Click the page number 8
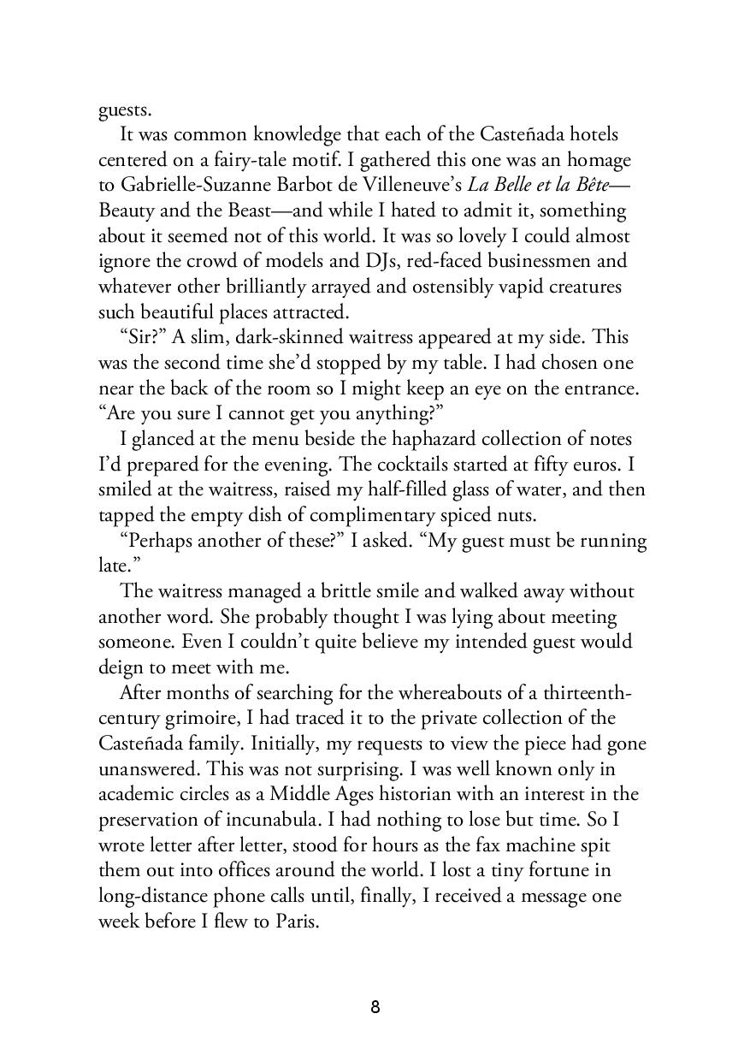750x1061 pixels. (375, 1007)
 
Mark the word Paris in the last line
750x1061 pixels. (294, 922)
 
